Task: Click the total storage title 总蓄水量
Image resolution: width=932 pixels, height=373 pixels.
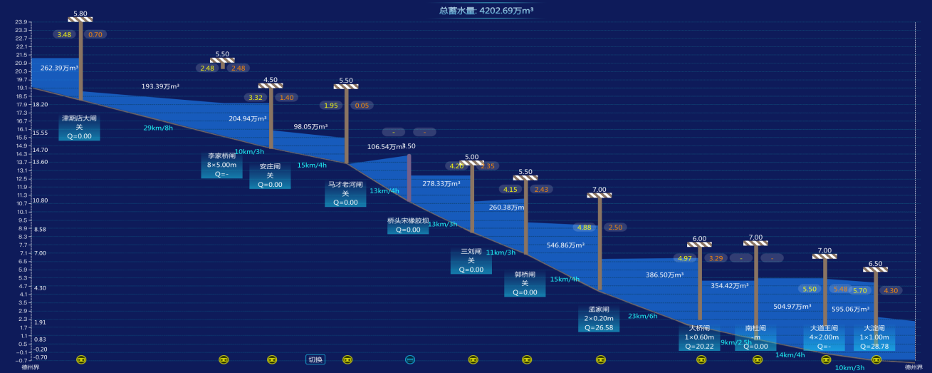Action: coord(486,11)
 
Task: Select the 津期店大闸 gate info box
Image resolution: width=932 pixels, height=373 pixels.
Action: coord(79,127)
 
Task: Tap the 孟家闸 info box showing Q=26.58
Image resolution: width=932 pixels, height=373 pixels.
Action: coord(599,319)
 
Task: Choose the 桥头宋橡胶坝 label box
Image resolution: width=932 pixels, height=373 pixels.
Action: coord(408,225)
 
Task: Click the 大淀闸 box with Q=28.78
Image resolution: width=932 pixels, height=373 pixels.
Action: coord(874,337)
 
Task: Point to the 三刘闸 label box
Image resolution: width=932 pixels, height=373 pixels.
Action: coord(471,260)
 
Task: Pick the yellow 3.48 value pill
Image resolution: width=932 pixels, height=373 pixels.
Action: coord(65,34)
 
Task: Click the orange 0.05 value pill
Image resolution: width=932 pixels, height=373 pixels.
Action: coord(362,106)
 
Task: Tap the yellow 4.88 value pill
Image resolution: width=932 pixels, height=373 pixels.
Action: coord(585,228)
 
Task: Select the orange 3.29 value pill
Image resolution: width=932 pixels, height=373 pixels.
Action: coord(716,258)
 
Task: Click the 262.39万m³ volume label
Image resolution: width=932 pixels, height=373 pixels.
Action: coord(59,68)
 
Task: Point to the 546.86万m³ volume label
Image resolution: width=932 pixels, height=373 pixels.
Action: coord(565,245)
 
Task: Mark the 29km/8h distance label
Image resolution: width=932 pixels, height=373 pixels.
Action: coord(158,128)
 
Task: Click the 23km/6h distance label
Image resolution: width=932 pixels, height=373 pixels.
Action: coord(643,316)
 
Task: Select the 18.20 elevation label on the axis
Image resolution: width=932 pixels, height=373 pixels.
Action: coord(40,104)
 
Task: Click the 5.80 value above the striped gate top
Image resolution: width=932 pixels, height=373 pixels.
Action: coord(80,14)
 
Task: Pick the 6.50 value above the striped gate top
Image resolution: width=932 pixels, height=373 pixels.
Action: coord(876,263)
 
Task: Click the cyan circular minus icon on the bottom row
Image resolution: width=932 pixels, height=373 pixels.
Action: coord(410,359)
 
